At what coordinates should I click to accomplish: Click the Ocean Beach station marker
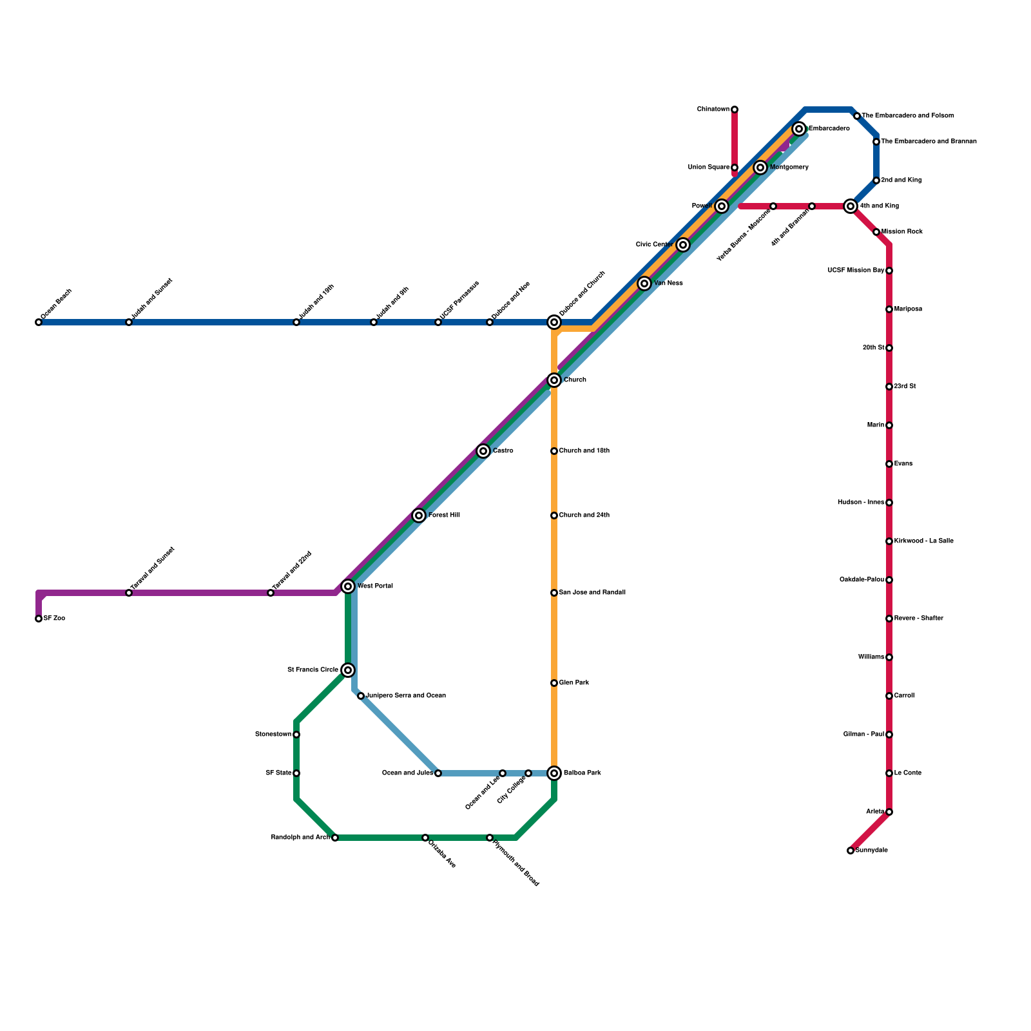(39, 322)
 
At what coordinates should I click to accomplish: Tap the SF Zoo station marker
(39, 619)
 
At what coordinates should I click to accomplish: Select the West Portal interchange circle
(348, 586)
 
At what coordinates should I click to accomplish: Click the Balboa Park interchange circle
(554, 773)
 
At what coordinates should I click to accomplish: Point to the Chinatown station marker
(735, 110)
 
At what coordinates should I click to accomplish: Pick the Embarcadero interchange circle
(799, 129)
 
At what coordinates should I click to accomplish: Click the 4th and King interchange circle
(851, 206)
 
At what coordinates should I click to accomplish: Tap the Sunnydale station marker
(851, 851)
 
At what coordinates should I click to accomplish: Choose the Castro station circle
(483, 451)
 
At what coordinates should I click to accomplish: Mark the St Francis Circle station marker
(348, 670)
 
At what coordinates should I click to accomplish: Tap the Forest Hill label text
(444, 515)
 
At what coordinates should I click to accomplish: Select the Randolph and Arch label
(300, 838)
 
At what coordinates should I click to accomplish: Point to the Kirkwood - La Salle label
(923, 541)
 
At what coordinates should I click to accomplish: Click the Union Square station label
(709, 168)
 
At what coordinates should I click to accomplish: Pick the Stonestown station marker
(296, 735)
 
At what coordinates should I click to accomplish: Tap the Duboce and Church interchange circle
(554, 322)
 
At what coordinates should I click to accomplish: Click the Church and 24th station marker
(554, 515)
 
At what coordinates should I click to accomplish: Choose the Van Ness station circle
(644, 284)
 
